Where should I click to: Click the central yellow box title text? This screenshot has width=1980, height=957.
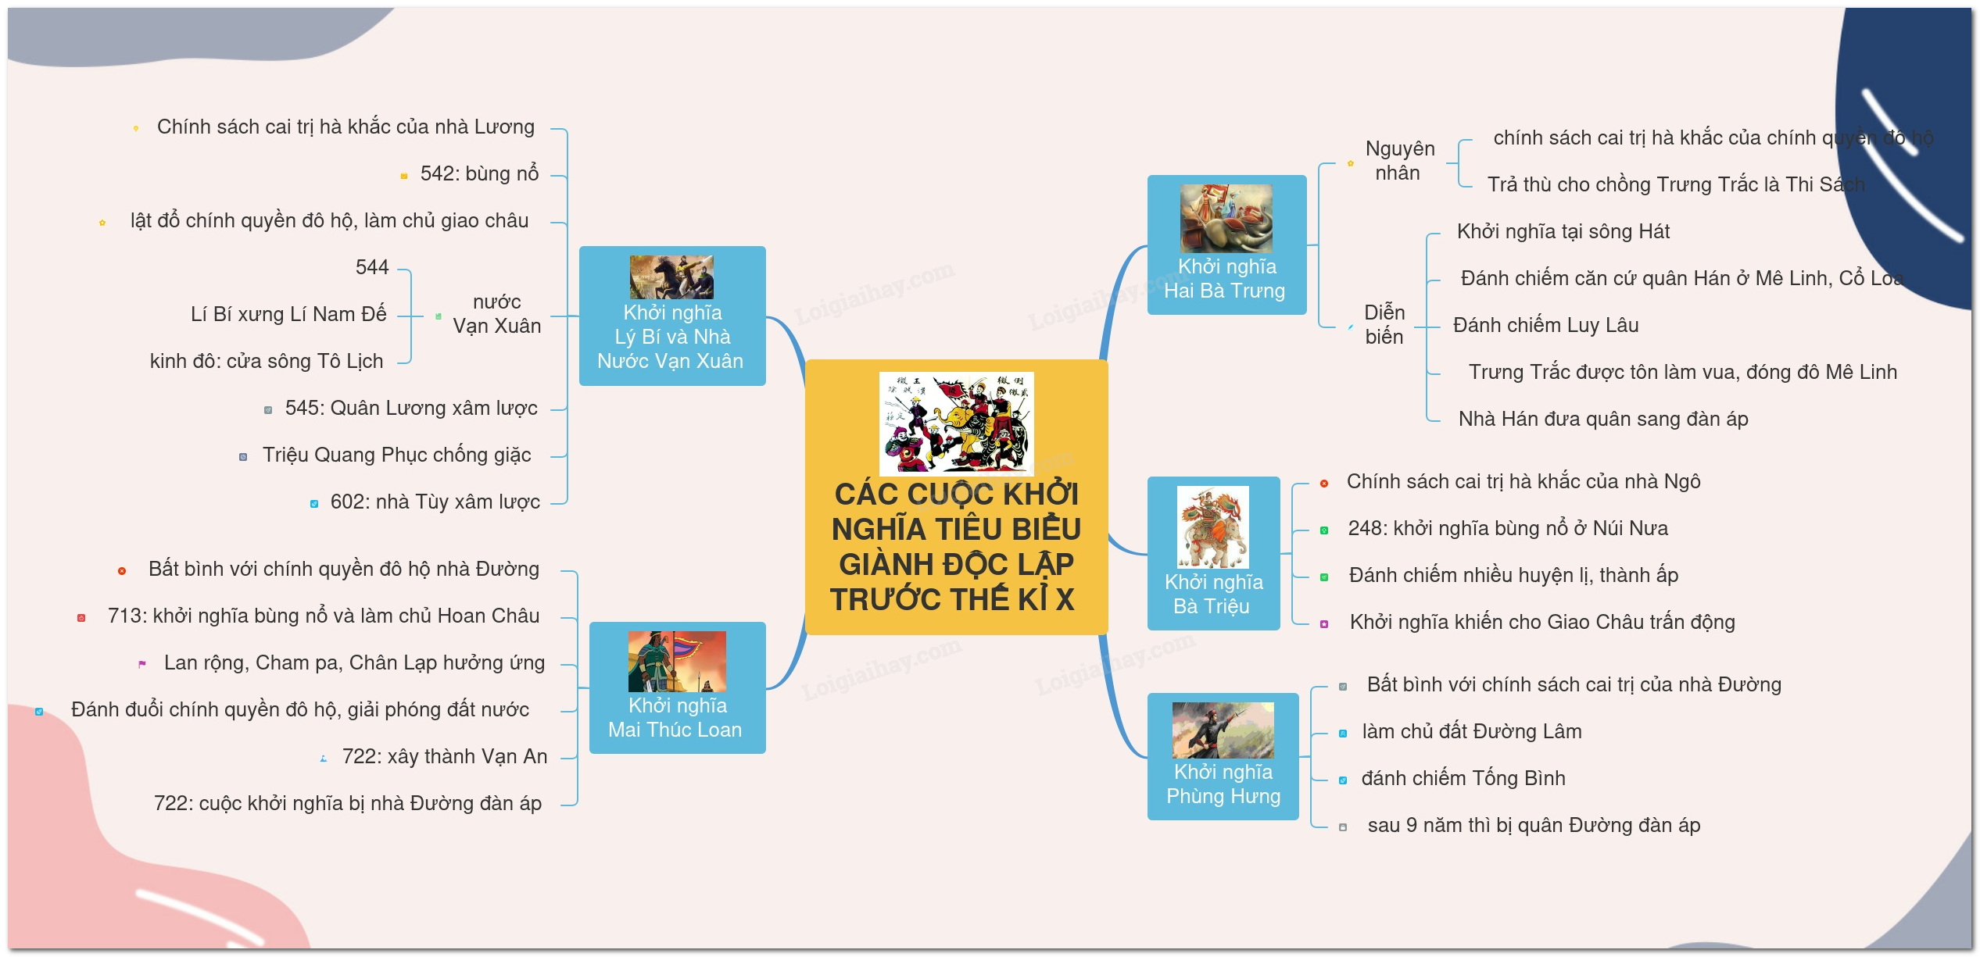click(x=955, y=547)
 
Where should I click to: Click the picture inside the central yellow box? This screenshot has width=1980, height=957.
click(x=956, y=423)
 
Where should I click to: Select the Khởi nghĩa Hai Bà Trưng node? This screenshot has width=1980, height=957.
click(x=1226, y=245)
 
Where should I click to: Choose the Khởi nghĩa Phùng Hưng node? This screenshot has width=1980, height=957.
click(x=1223, y=756)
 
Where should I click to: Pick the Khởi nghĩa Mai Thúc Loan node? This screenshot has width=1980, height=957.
click(x=677, y=687)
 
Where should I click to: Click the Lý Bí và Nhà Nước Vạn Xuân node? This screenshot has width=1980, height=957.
click(x=671, y=316)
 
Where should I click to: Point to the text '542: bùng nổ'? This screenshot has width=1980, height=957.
click(x=479, y=173)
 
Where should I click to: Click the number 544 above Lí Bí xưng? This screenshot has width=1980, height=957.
click(x=372, y=267)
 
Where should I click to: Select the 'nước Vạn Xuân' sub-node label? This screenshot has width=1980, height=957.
click(x=496, y=314)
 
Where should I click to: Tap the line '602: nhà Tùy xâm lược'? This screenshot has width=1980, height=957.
click(x=435, y=502)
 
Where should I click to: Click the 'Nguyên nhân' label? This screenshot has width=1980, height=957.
click(x=1399, y=161)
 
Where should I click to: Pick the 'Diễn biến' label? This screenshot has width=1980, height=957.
click(x=1384, y=324)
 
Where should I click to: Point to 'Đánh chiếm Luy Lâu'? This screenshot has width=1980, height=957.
click(x=1545, y=325)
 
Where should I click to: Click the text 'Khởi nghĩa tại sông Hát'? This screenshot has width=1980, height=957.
click(x=1563, y=231)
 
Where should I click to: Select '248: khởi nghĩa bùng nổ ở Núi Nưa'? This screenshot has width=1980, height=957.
click(x=1508, y=528)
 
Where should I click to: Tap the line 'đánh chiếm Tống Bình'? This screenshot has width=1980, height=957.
click(x=1463, y=778)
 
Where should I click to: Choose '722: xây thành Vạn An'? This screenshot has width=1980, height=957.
click(x=444, y=756)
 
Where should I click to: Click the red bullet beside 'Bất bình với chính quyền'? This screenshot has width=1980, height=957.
click(x=122, y=571)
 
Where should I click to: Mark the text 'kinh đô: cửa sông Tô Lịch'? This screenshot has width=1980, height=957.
click(x=267, y=361)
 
